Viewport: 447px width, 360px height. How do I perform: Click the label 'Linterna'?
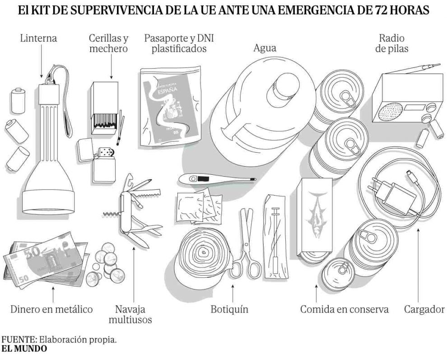pos(38,38)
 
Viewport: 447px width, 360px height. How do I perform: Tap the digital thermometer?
pos(212,179)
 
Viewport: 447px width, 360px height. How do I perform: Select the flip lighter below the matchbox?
pos(99,160)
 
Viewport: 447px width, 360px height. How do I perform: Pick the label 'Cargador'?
pos(424,309)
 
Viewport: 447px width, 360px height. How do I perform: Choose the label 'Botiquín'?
pos(229,309)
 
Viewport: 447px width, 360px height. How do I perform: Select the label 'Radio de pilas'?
pos(391,43)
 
